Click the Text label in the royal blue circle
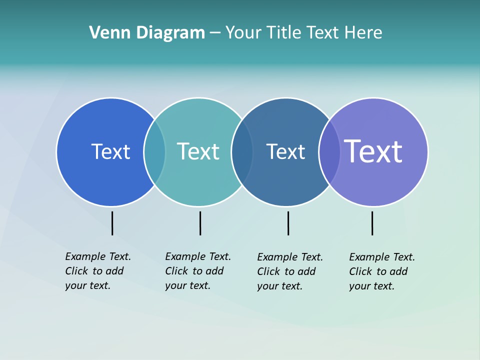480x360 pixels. click(x=110, y=151)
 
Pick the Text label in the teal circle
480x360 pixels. click(x=198, y=151)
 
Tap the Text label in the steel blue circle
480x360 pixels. click(x=285, y=151)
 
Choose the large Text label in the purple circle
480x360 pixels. click(x=373, y=151)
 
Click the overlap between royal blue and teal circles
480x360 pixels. click(x=154, y=151)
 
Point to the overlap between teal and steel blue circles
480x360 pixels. click(x=242, y=151)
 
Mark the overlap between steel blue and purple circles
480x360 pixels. click(x=329, y=151)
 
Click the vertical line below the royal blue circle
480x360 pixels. click(x=112, y=223)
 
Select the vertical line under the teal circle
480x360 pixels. click(x=200, y=223)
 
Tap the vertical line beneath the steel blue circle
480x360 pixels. click(x=288, y=223)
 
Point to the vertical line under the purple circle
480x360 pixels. click(x=372, y=223)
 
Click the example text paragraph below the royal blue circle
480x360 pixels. click(x=97, y=271)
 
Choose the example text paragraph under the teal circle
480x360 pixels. click(x=197, y=271)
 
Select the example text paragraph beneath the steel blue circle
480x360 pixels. click(x=289, y=271)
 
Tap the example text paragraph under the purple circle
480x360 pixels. click(x=381, y=271)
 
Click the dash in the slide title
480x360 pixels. click(x=215, y=33)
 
